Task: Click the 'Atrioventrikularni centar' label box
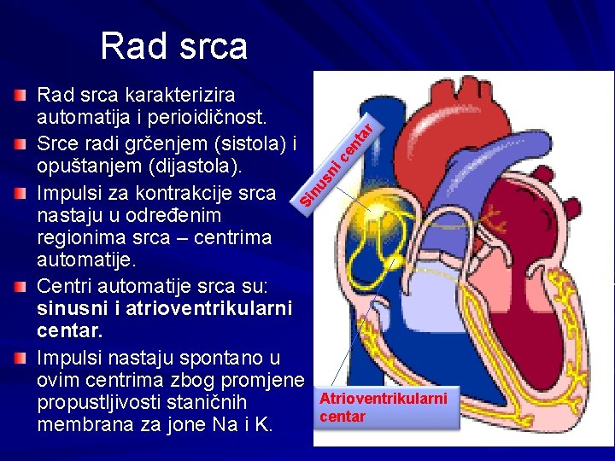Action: (x=384, y=407)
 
